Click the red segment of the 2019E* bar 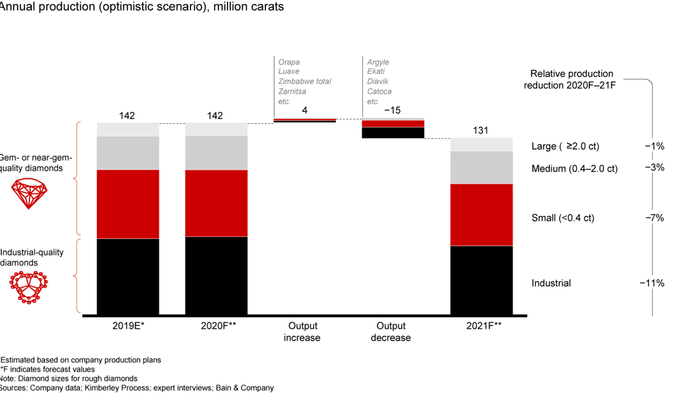coord(127,204)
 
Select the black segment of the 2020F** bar coord(216,275)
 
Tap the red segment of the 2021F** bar coord(481,214)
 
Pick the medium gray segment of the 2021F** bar coord(481,167)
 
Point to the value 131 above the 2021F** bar coord(481,130)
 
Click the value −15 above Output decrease coord(392,110)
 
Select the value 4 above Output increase coord(305,110)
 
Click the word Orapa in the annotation coord(289,62)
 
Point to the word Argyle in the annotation coord(378,62)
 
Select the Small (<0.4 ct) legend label coord(563,218)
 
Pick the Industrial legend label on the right coord(551,283)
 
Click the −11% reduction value coord(654,283)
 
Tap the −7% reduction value coord(654,218)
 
